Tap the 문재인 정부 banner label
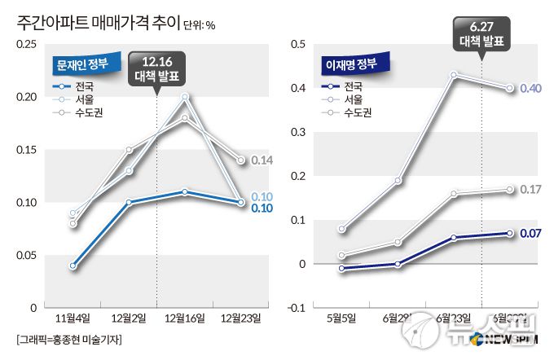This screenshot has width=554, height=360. pyautogui.click(x=86, y=62)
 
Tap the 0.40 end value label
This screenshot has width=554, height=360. pyautogui.click(x=530, y=88)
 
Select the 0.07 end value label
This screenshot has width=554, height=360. pyautogui.click(x=530, y=234)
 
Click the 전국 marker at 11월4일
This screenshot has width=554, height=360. pyautogui.click(x=73, y=266)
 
